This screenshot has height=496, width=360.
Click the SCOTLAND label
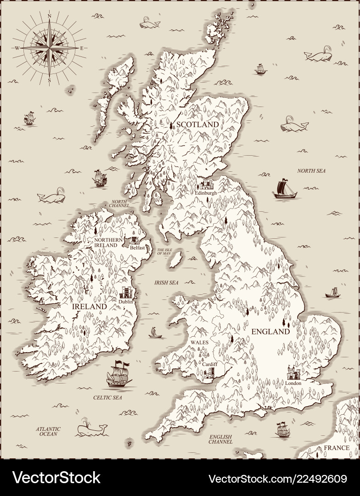[x=197, y=124]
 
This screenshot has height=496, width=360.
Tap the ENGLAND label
[x=270, y=331]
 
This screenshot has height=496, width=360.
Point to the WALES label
[x=200, y=343]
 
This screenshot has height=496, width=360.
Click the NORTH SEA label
[x=311, y=171]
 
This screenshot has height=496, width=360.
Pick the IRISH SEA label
[x=166, y=283]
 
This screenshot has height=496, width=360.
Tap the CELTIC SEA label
[x=108, y=396]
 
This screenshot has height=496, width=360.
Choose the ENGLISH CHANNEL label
[x=220, y=439]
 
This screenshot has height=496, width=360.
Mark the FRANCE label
[x=336, y=448]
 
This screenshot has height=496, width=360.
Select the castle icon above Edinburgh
[x=206, y=185]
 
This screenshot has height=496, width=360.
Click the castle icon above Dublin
[x=126, y=293]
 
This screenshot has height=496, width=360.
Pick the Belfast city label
[x=137, y=248]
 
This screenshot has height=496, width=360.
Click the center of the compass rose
[x=49, y=47]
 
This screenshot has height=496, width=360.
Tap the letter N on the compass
[x=49, y=16]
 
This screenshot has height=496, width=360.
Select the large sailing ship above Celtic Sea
[x=118, y=374]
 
